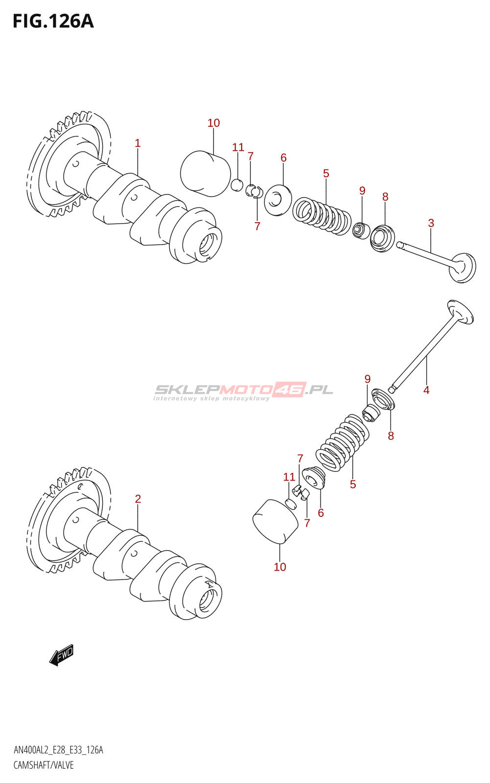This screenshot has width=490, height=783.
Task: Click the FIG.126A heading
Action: tap(53, 22)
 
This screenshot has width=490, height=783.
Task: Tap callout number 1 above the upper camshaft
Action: tap(138, 143)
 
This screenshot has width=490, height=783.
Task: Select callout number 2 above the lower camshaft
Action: tap(138, 499)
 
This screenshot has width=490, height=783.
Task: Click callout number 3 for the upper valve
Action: tap(431, 223)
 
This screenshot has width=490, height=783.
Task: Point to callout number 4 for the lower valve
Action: tap(426, 390)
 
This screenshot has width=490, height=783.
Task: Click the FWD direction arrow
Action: tap(62, 655)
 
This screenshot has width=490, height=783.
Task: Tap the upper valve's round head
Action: tap(463, 267)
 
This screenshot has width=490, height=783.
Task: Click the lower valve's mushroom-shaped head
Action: tap(461, 312)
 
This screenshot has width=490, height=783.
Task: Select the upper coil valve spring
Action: tap(321, 215)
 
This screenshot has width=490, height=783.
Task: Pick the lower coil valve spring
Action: tap(342, 443)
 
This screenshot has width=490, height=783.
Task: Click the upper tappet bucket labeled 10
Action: tap(205, 173)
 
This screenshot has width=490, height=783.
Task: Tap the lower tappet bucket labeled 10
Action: tap(275, 522)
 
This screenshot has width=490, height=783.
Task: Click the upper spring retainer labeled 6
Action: tap(278, 199)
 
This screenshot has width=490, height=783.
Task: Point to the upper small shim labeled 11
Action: tap(237, 185)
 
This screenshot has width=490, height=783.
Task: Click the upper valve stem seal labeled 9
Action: tap(361, 230)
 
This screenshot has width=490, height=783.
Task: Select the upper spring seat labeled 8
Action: tap(383, 238)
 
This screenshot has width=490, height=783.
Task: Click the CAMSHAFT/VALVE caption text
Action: tap(44, 765)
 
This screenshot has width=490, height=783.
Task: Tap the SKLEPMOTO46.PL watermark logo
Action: tap(244, 391)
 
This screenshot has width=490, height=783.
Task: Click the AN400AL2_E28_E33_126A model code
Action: tap(58, 750)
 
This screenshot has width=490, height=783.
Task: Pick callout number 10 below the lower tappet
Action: tap(280, 567)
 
